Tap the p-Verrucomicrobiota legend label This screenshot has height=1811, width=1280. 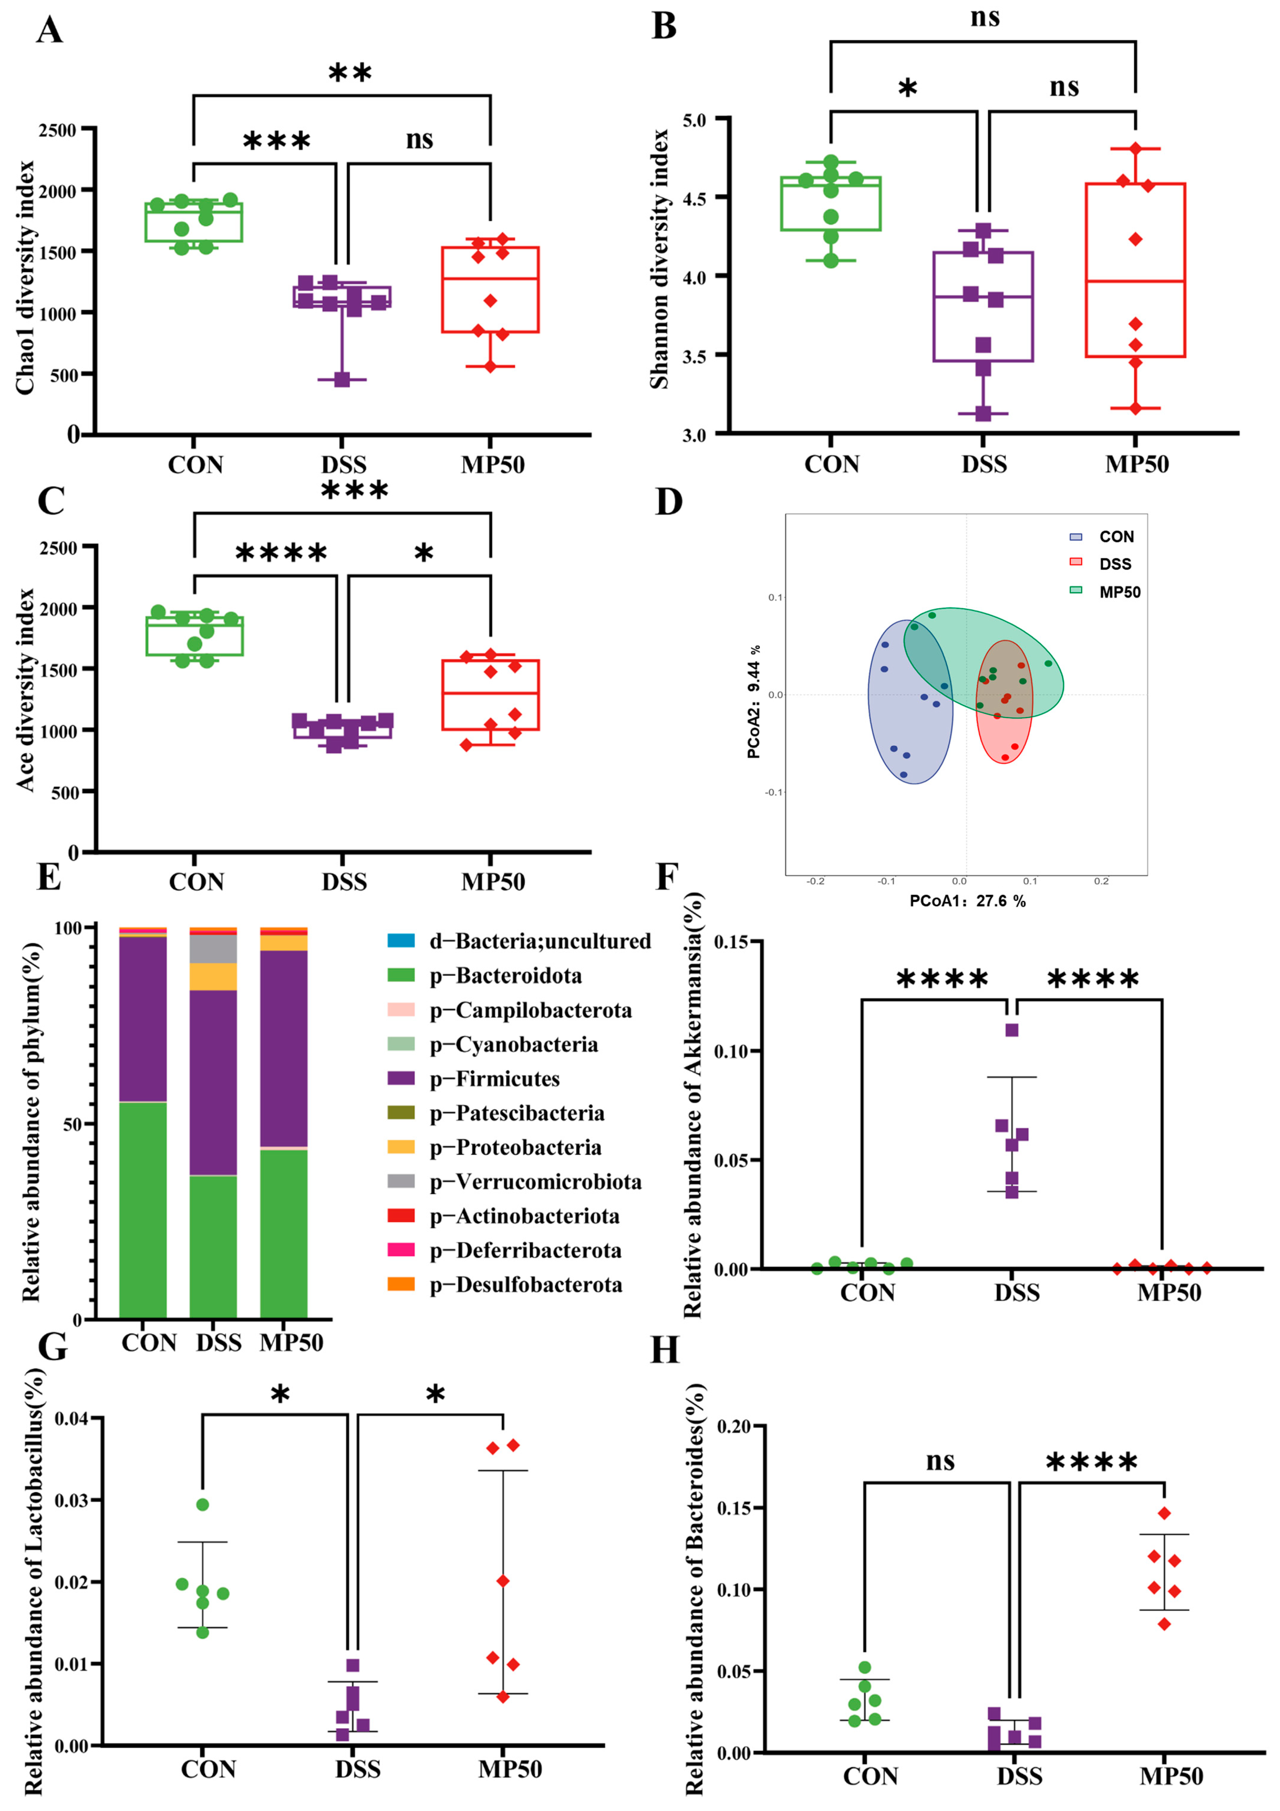click(535, 1182)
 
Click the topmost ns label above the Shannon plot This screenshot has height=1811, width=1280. click(985, 17)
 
